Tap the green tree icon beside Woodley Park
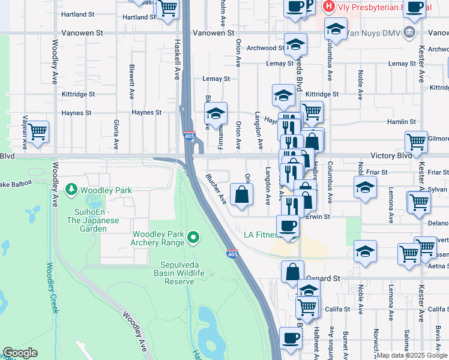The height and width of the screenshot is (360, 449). [71, 190]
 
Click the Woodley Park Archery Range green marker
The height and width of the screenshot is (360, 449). [193, 238]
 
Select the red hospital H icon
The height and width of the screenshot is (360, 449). [328, 7]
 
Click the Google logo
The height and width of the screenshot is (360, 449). [20, 352]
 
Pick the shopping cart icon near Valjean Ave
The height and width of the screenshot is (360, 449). [37, 131]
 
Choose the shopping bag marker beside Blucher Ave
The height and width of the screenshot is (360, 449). [241, 195]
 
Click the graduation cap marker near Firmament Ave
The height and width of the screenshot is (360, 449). [215, 113]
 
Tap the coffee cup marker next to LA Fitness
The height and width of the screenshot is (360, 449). [288, 226]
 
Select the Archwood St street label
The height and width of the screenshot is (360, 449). [265, 48]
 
